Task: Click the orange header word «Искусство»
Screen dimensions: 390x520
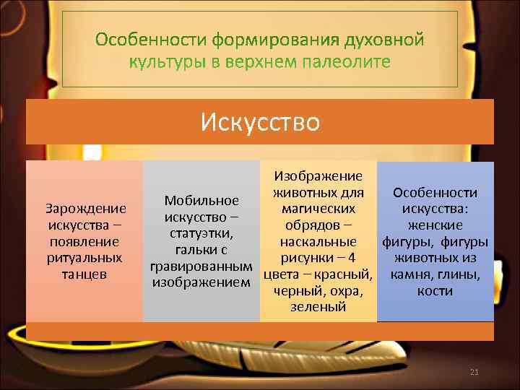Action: point(260,121)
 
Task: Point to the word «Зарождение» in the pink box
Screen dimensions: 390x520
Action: point(85,209)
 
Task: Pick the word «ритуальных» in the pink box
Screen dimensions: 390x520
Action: point(85,258)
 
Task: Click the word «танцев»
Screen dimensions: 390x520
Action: point(85,274)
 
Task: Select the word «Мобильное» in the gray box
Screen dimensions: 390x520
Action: point(201,200)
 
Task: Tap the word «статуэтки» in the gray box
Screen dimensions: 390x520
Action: point(201,233)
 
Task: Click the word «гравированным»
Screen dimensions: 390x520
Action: point(201,266)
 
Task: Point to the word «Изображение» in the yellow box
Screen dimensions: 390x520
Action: point(318,176)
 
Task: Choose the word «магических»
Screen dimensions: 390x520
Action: point(318,209)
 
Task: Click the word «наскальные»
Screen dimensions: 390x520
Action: point(318,241)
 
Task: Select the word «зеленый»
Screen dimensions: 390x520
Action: point(318,307)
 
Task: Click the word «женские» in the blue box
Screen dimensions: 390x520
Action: point(435,225)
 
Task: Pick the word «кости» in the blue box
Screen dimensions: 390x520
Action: point(435,290)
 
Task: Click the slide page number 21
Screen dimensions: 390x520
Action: point(474,372)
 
